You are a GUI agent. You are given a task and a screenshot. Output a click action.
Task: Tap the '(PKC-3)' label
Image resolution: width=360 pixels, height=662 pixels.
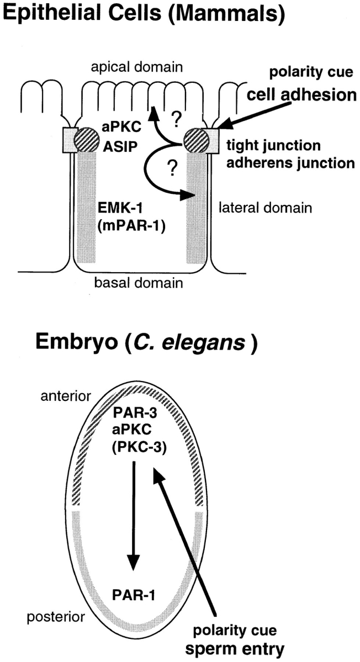[x=134, y=444]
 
